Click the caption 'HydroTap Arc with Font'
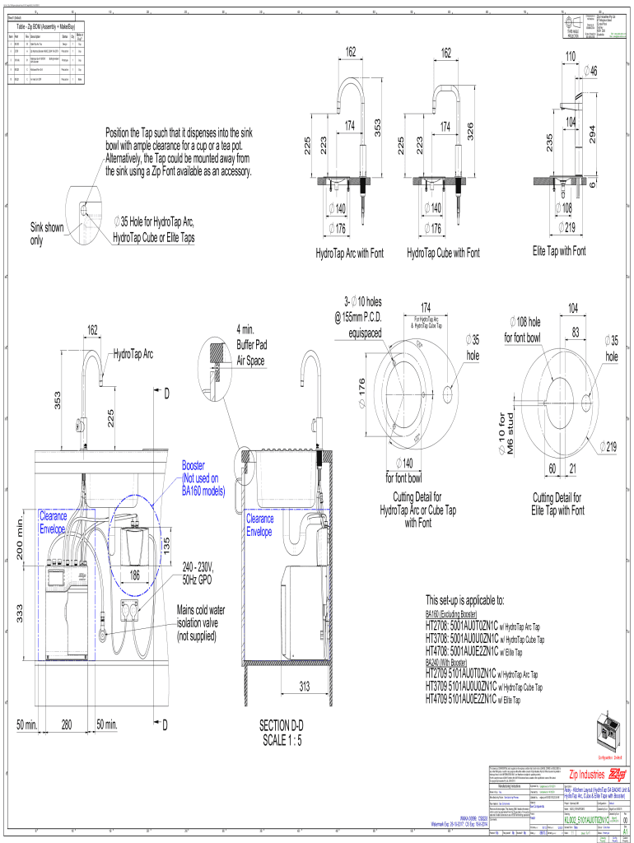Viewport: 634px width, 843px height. pos(349,254)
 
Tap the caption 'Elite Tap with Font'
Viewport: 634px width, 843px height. pos(559,251)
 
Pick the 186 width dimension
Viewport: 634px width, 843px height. pos(134,576)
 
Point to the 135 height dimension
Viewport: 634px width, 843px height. pos(166,545)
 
